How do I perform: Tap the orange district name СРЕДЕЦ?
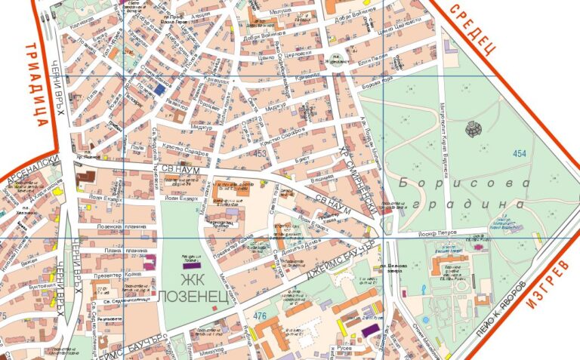point(471,28)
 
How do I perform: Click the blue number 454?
point(519,153)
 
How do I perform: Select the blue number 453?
point(261,154)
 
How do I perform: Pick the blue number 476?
point(261,315)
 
